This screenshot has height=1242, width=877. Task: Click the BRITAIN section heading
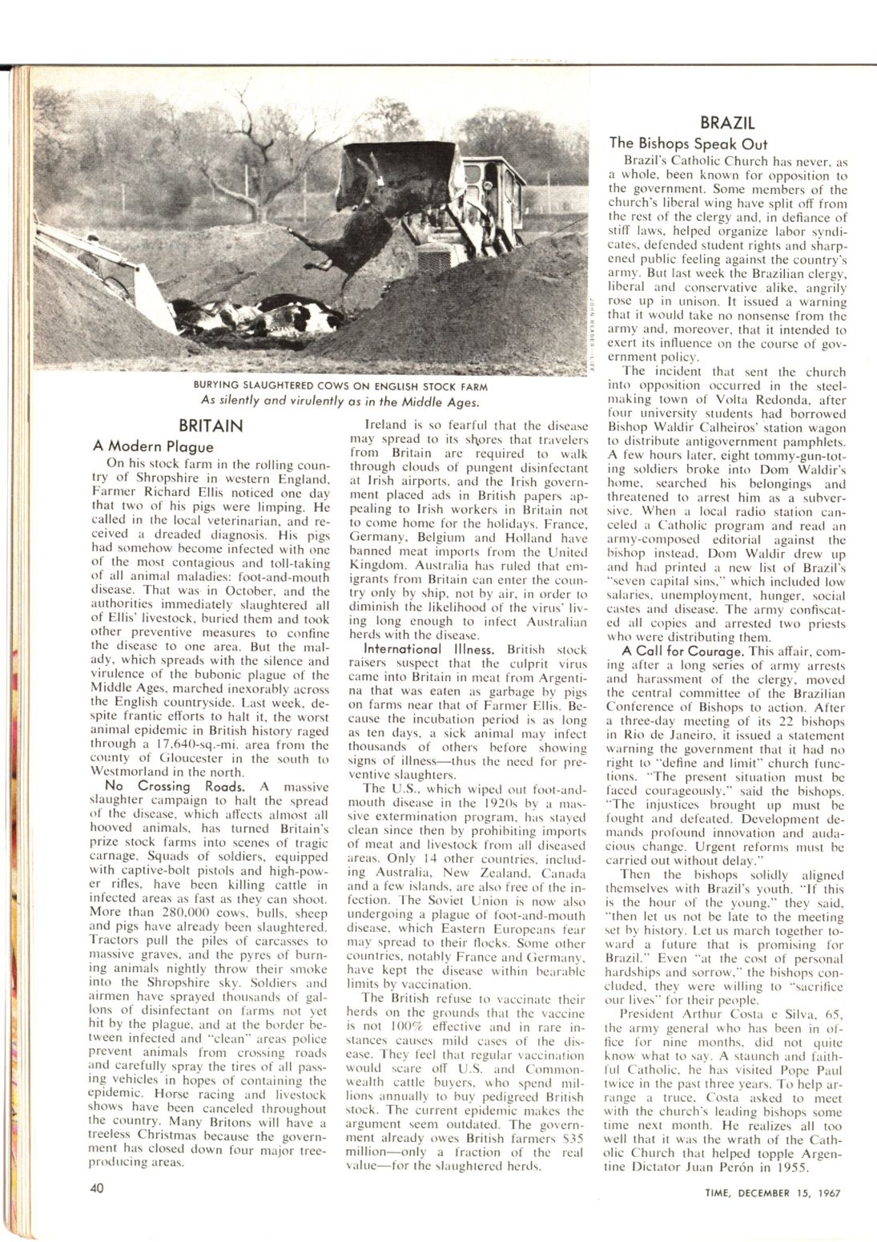point(211,425)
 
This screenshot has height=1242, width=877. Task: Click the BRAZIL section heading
point(727,123)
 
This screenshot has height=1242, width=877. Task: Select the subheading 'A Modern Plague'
point(154,446)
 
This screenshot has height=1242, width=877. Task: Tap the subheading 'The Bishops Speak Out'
point(688,143)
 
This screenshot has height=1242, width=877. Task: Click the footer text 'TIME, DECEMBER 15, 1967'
point(766,1192)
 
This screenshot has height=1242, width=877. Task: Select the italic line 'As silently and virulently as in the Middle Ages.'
point(340,401)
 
